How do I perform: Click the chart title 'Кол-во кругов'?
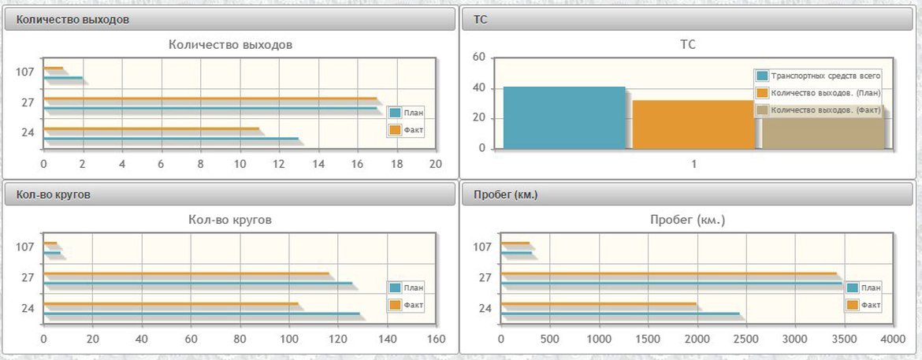point(230,221)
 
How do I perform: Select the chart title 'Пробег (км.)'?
point(687,221)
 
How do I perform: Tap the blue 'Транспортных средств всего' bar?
point(563,117)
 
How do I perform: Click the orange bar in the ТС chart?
point(693,124)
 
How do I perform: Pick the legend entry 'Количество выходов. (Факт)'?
point(818,110)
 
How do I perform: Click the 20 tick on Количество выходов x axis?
point(435,163)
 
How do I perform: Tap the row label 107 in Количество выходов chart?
point(25,72)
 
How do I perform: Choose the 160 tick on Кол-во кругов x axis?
point(436,340)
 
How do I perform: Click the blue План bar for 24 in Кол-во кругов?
point(201,314)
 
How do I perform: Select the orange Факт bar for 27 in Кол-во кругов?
point(186,273)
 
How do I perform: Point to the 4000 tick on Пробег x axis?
point(893,340)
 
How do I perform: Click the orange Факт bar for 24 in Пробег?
point(598,303)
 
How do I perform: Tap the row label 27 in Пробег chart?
point(485,278)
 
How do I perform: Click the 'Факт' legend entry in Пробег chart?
point(864,304)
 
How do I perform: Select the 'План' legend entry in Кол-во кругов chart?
point(407,288)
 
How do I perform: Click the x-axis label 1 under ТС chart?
point(694,164)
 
